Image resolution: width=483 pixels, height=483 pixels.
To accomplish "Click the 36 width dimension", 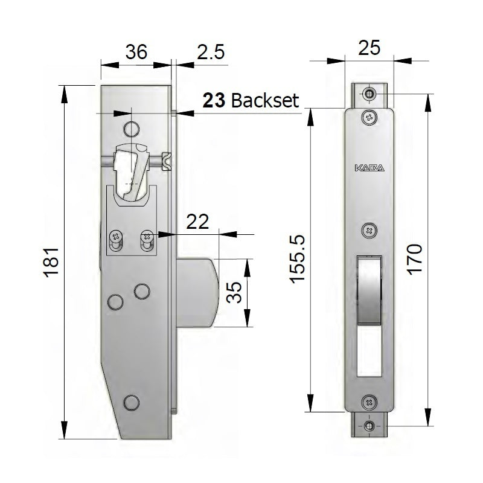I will tap(136, 52).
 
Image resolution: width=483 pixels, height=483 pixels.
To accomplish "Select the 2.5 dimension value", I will tap(211, 52).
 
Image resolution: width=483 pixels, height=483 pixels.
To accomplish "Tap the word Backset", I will tap(265, 100).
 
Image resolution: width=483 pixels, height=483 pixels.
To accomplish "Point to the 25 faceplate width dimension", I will tap(368, 48).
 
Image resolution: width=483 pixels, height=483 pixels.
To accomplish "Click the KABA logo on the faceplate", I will tap(369, 170).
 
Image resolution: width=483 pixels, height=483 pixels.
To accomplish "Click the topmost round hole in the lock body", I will tap(130, 128).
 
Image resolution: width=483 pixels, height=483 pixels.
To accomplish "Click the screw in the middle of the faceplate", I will tap(369, 230).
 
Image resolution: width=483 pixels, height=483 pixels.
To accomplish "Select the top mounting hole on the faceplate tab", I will tap(369, 94).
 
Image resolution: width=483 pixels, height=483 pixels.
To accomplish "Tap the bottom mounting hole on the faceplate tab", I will tap(369, 426).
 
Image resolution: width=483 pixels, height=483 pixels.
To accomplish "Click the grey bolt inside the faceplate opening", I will tap(369, 290).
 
